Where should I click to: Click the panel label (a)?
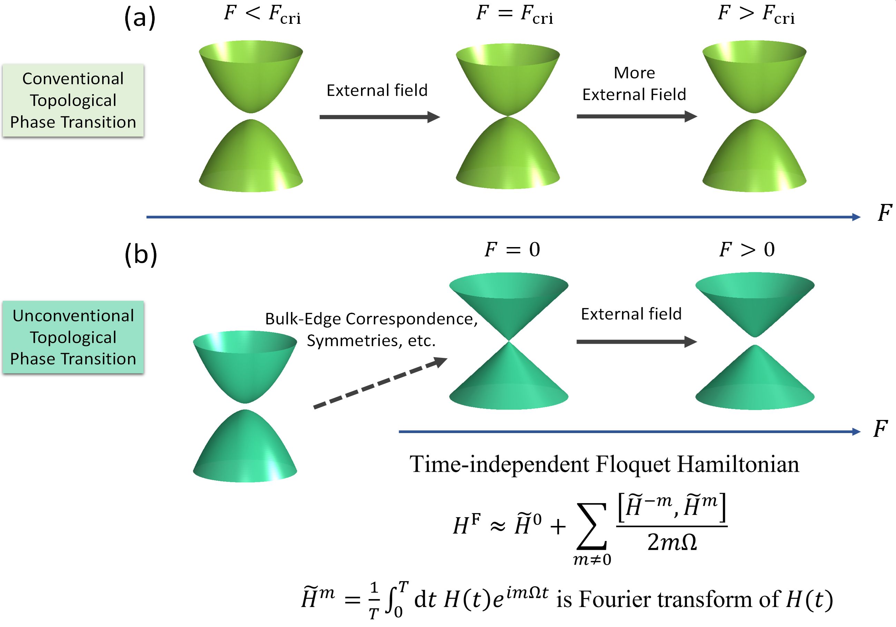click(x=140, y=18)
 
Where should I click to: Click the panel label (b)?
click(x=140, y=254)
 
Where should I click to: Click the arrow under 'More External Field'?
click(x=636, y=116)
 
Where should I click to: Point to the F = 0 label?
click(x=512, y=249)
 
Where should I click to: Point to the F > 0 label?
click(x=747, y=249)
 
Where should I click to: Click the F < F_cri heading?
click(x=262, y=14)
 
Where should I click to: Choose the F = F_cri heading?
click(x=514, y=14)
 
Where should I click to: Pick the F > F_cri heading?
click(x=756, y=14)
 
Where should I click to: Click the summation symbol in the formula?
click(x=592, y=526)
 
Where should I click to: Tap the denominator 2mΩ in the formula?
click(x=672, y=542)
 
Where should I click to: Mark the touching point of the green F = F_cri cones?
click(x=508, y=116)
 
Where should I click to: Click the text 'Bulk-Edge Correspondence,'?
click(x=371, y=319)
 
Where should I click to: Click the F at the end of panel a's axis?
click(x=884, y=213)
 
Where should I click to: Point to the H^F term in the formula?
click(x=466, y=525)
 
